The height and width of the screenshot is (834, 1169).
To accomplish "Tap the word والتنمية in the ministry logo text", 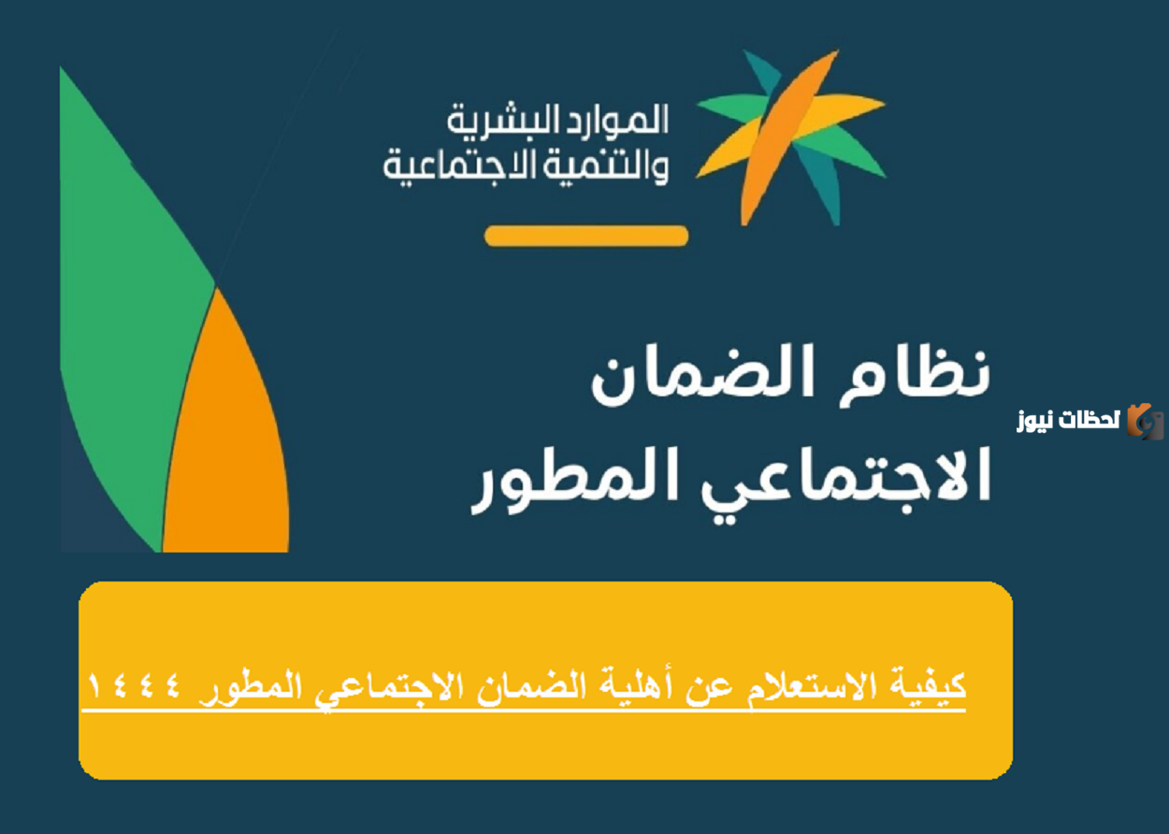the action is click(x=604, y=167).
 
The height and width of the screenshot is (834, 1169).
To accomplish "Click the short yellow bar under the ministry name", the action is click(x=586, y=236).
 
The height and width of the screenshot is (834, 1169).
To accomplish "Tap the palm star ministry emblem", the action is click(x=791, y=137).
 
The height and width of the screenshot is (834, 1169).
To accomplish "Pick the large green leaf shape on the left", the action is click(x=129, y=293).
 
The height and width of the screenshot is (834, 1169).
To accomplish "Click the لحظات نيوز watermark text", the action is click(x=1069, y=420).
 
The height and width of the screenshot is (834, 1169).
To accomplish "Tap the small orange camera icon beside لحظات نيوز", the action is click(x=1145, y=421).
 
